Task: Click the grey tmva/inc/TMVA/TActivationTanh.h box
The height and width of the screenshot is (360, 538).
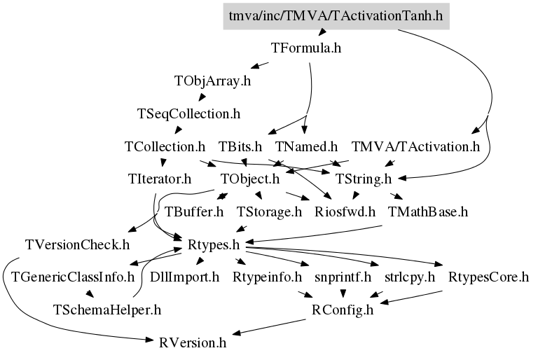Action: [336, 16]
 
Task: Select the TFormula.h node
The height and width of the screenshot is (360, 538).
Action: [306, 48]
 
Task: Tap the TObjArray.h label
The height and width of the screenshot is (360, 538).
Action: [212, 81]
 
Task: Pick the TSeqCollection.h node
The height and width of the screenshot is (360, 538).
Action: [188, 113]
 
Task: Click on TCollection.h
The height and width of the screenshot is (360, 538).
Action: [165, 147]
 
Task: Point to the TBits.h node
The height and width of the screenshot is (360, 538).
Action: [240, 147]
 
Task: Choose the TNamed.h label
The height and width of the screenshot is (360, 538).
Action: [306, 147]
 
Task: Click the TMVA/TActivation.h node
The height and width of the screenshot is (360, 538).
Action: [415, 147]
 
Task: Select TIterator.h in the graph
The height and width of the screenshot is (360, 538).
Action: [160, 179]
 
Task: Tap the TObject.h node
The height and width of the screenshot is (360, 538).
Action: [250, 179]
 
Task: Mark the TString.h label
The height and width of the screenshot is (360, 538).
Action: [363, 179]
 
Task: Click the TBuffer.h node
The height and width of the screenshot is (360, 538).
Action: [194, 212]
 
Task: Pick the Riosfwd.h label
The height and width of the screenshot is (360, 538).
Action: [345, 212]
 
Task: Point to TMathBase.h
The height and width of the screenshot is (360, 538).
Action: [428, 212]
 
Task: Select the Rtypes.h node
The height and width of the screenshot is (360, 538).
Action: [214, 245]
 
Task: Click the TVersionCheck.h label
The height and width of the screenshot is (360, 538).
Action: [77, 245]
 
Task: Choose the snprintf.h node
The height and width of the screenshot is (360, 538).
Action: [343, 277]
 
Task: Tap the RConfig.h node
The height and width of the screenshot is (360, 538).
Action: [342, 310]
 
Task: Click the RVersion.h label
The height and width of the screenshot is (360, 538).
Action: [193, 343]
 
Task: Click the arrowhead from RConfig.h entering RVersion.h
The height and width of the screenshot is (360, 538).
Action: [237, 333]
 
